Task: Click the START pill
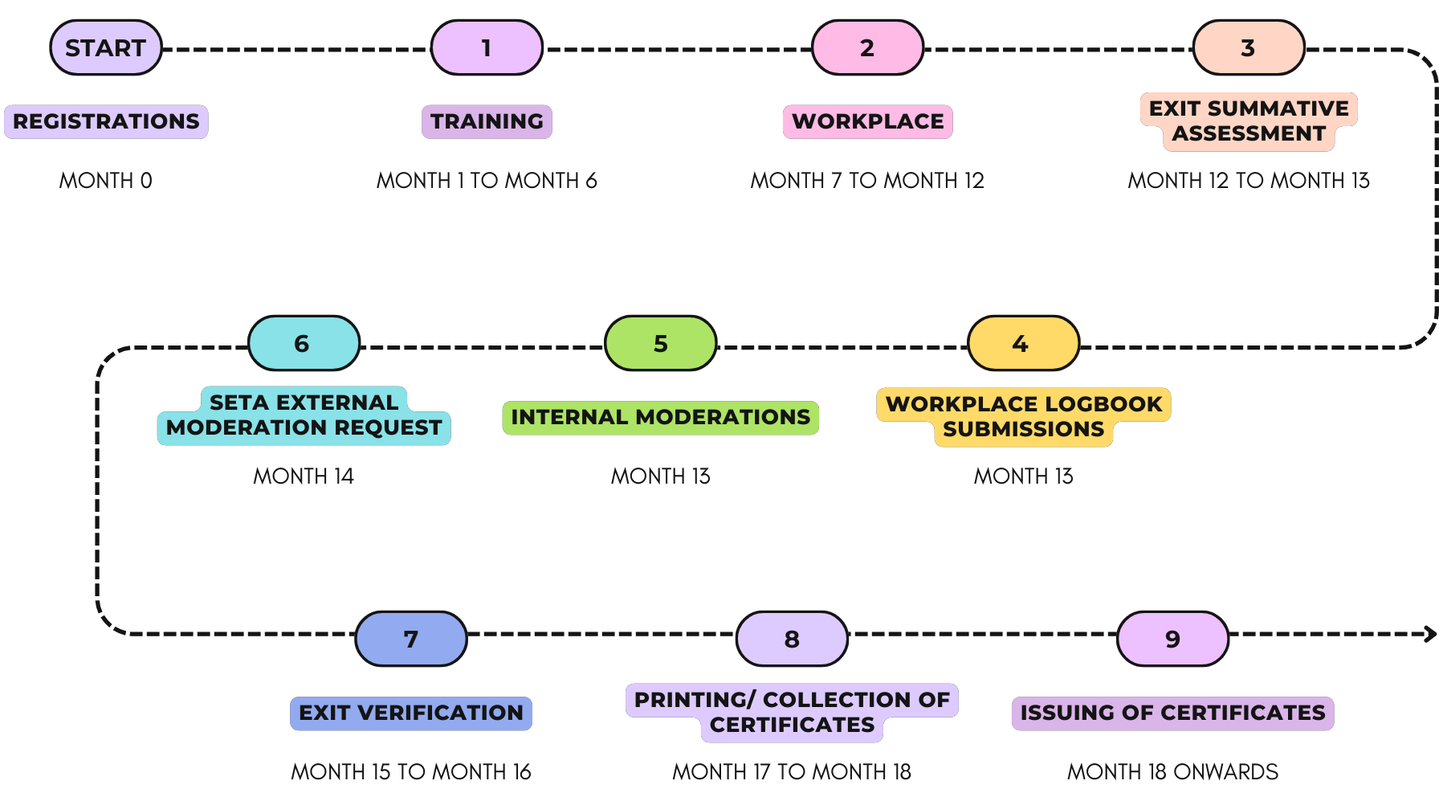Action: click(x=106, y=48)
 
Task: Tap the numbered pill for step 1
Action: click(x=487, y=48)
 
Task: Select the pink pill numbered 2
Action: click(x=867, y=48)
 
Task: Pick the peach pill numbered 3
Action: click(x=1249, y=48)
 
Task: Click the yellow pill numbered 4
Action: click(x=1023, y=344)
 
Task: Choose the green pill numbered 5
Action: click(x=660, y=344)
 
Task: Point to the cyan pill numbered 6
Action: click(x=304, y=344)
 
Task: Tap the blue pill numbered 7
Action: click(x=411, y=640)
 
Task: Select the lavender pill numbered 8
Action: click(x=792, y=640)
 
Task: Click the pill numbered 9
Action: click(x=1172, y=640)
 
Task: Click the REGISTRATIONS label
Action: click(x=106, y=121)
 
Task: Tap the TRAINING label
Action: click(x=487, y=121)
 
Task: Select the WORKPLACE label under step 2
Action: click(x=867, y=121)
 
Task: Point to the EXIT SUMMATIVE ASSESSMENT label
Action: click(x=1249, y=121)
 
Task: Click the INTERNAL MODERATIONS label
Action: click(x=660, y=417)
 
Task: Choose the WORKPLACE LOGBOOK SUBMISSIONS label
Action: click(x=1023, y=416)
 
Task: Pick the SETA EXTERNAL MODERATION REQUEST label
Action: click(x=304, y=415)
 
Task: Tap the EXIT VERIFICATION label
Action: click(x=411, y=713)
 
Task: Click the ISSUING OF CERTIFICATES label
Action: click(x=1172, y=713)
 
